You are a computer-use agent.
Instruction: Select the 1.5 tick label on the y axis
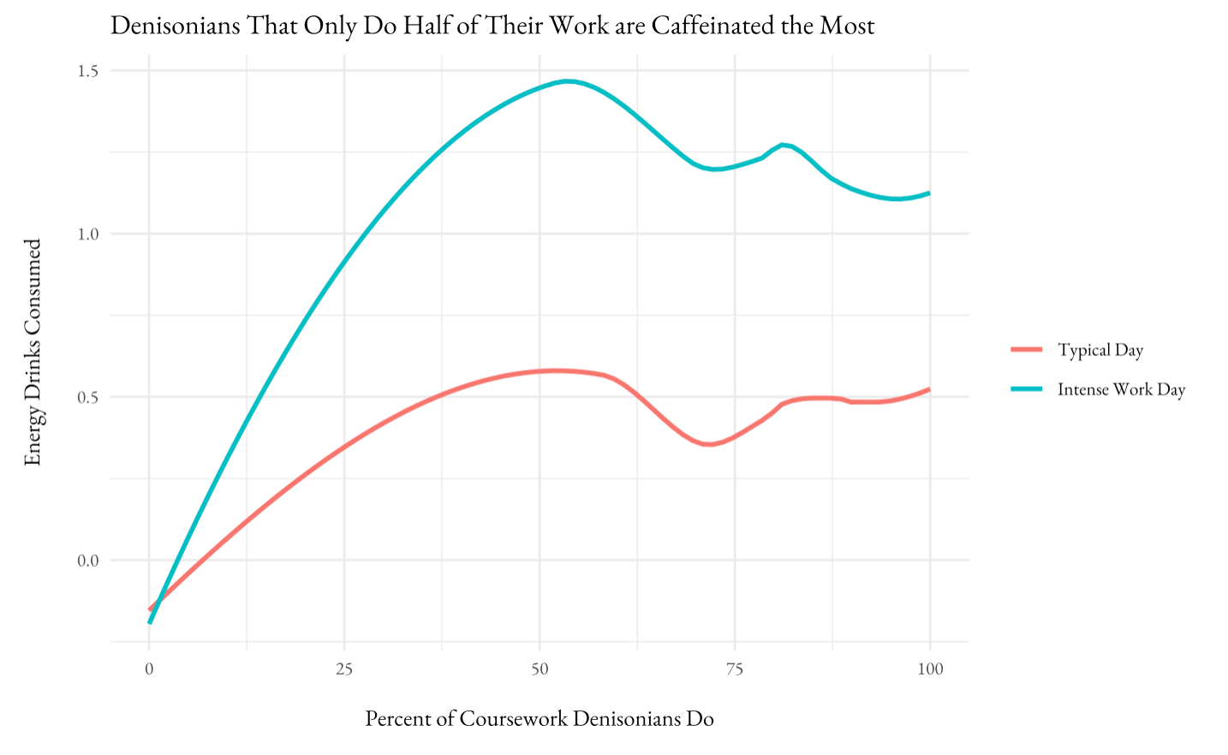point(87,71)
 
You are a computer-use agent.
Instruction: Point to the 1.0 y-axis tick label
point(87,234)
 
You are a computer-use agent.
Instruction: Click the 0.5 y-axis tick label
point(87,397)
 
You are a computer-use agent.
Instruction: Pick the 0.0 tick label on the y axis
point(87,561)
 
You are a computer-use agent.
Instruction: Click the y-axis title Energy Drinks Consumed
point(33,352)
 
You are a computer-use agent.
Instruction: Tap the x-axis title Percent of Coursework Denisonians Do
point(539,718)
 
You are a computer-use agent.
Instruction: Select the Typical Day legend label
point(1100,350)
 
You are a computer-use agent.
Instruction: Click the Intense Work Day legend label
point(1121,389)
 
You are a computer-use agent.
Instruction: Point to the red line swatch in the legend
point(1026,350)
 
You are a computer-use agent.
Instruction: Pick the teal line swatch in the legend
point(1026,389)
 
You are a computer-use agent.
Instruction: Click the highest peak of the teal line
point(567,81)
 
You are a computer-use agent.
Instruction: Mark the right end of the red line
point(929,389)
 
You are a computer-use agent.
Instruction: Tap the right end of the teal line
point(929,193)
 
